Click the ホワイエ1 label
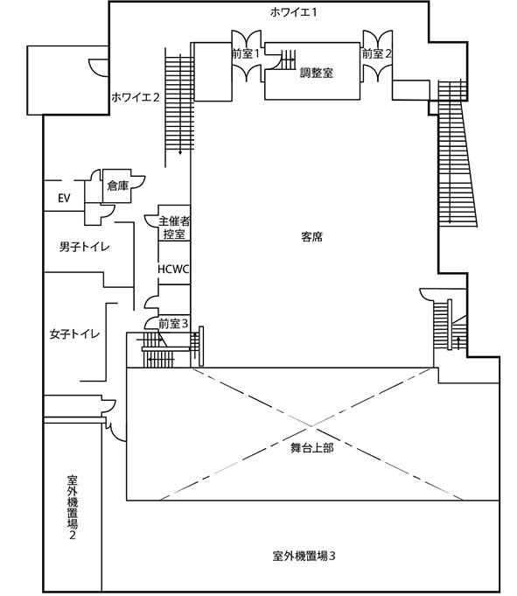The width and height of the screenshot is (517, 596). pos(293,12)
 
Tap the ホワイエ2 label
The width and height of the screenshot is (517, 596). pos(136,97)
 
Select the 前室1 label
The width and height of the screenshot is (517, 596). pos(246,54)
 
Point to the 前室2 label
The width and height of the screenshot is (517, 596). pos(376,54)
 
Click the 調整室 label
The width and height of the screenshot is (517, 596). pos(317,73)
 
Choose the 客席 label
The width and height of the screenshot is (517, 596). pos(312,237)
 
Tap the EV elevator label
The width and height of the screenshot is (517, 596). pos(64,198)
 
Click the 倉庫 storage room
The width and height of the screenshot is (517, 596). pos(118,186)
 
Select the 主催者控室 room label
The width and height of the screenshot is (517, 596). pos(174,228)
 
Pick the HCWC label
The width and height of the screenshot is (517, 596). pos(173,269)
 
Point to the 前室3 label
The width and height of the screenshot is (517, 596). pos(173,324)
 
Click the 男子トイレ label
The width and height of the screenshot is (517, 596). pos(84,247)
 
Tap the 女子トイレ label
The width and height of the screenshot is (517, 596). pos(74,334)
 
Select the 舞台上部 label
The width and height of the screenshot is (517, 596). pos(312,448)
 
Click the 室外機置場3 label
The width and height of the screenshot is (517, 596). pos(304,556)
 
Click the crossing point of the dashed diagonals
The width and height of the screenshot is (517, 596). pos(312,426)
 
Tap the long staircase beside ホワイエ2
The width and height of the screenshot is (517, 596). pos(179,102)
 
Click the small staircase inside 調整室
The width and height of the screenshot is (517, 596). pos(288,60)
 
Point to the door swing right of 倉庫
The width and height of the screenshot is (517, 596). pos(138,182)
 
